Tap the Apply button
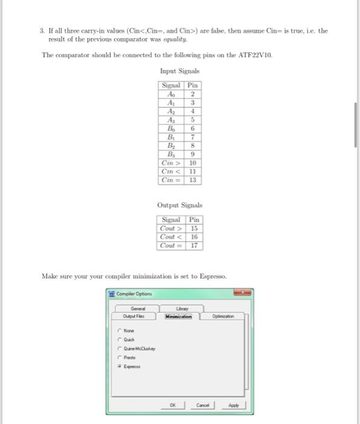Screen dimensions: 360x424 (233, 405)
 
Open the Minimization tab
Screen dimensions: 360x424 (178, 316)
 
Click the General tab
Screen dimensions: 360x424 (137, 308)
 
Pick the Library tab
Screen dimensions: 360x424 (182, 308)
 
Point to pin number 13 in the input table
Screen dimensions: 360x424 (192, 180)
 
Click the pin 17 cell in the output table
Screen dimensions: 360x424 (194, 245)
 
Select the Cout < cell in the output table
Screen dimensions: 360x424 (171, 237)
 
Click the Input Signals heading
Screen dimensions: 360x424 (180, 71)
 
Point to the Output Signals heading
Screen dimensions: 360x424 (180, 205)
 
